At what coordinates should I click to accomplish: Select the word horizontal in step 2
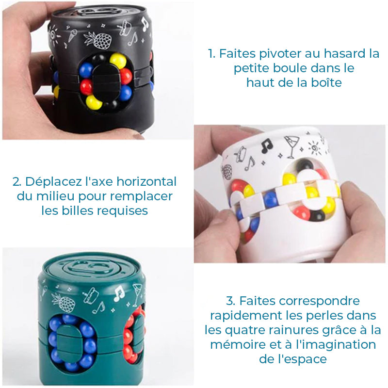click(x=146, y=181)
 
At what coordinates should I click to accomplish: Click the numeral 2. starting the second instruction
click(x=17, y=182)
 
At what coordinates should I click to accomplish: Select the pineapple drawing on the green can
click(x=64, y=302)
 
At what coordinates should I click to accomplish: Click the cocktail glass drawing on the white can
click(x=292, y=146)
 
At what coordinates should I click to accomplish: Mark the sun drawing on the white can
click(x=315, y=148)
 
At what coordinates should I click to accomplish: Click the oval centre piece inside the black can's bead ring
click(x=106, y=82)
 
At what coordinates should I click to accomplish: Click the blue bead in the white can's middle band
click(x=270, y=199)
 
